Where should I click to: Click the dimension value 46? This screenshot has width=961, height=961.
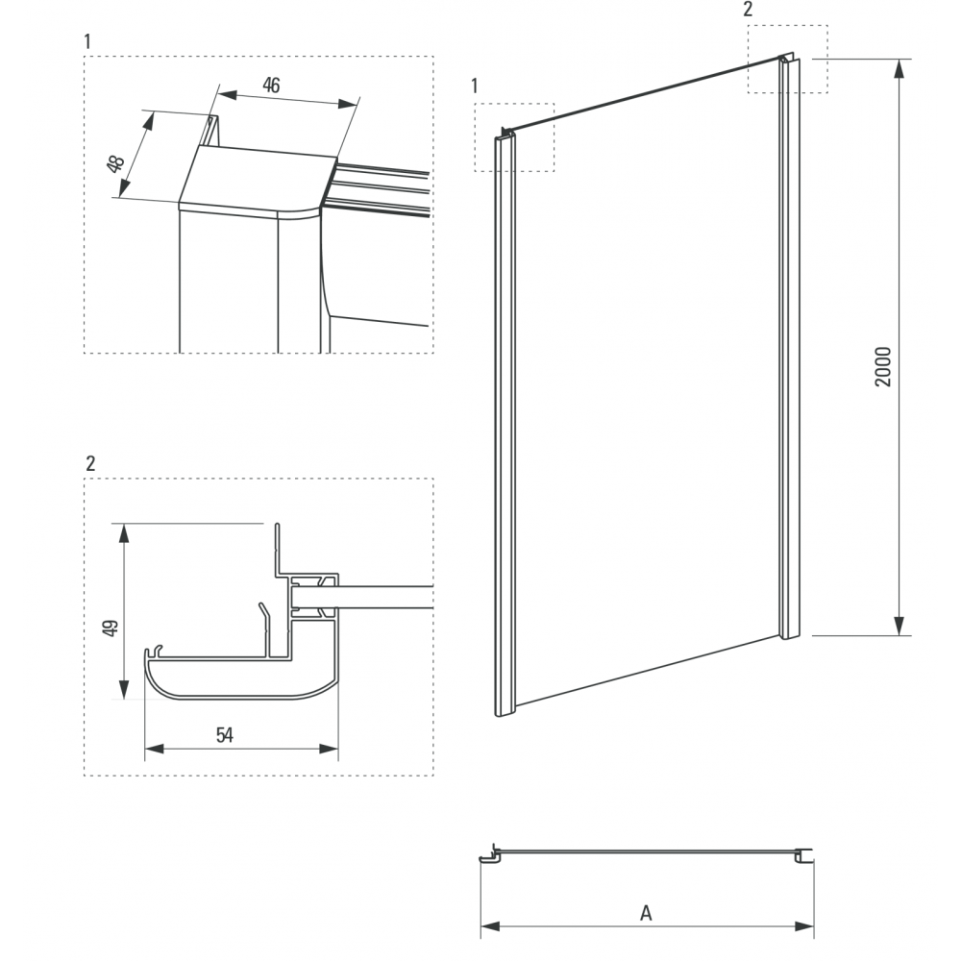(271, 86)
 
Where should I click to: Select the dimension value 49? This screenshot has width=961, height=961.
(110, 628)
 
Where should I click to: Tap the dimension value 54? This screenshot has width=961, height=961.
(224, 735)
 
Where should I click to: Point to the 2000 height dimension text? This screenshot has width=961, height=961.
(884, 366)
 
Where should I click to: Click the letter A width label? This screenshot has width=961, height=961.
(646, 913)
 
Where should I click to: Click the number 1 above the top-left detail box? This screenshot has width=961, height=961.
(88, 41)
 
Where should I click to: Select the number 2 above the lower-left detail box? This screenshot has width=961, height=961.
(90, 463)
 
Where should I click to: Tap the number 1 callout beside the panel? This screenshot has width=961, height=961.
(475, 86)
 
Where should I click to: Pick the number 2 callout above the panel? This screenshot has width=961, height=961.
(749, 10)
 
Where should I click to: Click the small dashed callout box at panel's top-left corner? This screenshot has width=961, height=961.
(515, 137)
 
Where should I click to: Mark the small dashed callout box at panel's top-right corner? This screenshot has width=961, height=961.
(787, 59)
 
